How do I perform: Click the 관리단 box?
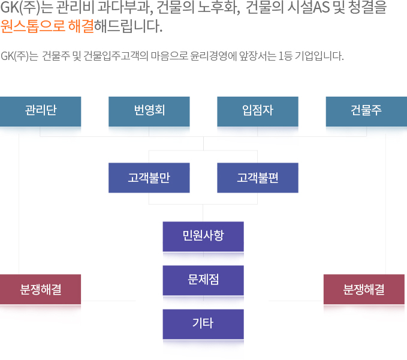point(41,112)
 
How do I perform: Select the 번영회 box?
point(149,112)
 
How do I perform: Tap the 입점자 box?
point(258,112)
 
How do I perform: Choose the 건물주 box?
point(366,112)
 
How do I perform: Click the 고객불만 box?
point(149,178)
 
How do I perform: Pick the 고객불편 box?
point(258,178)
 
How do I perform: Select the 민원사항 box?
point(203,236)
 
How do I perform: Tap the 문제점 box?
point(203,280)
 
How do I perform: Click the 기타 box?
point(203,324)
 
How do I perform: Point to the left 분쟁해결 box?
point(41,289)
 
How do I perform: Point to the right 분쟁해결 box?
point(364,289)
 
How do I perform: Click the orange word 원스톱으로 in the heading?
point(33,26)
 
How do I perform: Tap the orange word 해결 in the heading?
point(81,26)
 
